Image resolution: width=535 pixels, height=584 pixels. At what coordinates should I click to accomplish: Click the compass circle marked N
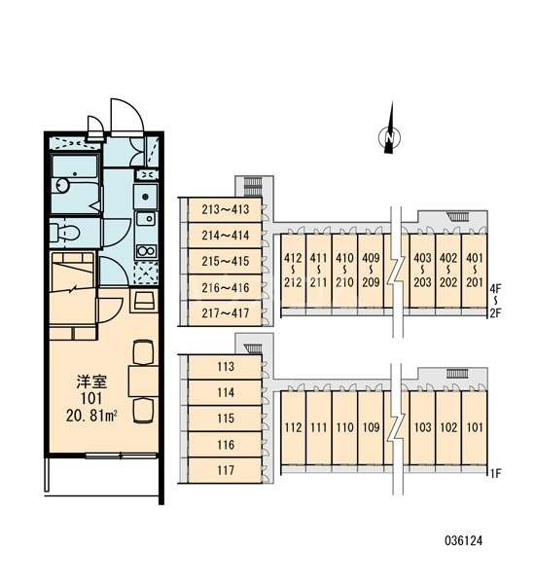(x=389, y=137)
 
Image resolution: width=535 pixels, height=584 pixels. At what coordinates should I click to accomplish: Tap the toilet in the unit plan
(x=65, y=234)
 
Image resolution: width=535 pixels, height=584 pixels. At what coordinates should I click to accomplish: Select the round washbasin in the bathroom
(x=62, y=185)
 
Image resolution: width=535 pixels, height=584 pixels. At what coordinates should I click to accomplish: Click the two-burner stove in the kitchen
(x=146, y=251)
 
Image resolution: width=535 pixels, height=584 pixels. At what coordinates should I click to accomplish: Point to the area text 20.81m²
(x=91, y=416)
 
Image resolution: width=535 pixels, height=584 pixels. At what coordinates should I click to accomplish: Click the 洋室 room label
(x=91, y=382)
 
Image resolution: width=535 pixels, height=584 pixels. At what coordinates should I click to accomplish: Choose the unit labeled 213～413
(x=225, y=209)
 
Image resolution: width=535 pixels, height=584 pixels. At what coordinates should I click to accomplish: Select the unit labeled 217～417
(x=225, y=313)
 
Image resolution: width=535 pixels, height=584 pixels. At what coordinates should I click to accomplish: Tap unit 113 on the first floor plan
(x=225, y=367)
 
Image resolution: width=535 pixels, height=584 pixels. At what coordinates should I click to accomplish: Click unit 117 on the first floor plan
(x=225, y=470)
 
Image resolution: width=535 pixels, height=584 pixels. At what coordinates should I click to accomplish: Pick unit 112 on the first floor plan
(x=293, y=427)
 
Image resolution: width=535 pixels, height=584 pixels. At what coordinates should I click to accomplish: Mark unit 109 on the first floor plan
(x=371, y=427)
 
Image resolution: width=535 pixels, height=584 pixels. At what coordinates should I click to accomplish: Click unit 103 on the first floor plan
(x=422, y=427)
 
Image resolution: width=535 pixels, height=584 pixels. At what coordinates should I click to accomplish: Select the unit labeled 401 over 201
(x=475, y=271)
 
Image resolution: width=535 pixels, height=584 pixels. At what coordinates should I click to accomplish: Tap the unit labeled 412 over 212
(x=293, y=271)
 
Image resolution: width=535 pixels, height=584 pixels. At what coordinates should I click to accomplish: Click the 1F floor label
(x=496, y=474)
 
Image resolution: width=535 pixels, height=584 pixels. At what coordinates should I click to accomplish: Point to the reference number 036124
(x=464, y=540)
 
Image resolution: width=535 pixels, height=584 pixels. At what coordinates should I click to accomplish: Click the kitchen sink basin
(x=146, y=219)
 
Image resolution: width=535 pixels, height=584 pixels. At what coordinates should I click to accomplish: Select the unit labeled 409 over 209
(x=371, y=271)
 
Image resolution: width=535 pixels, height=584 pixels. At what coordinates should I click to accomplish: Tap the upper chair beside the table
(x=143, y=352)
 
